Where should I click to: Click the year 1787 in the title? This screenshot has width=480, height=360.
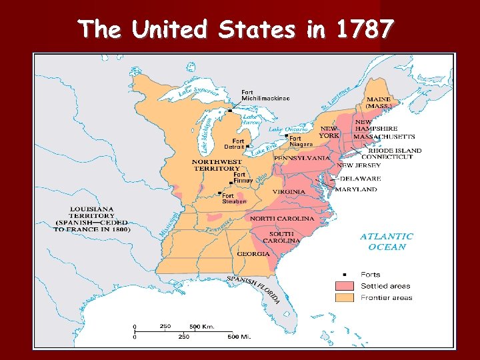pyautogui.click(x=365, y=30)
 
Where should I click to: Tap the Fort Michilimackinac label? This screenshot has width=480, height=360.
pyautogui.click(x=265, y=95)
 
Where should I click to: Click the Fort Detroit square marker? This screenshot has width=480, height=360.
pyautogui.click(x=247, y=146)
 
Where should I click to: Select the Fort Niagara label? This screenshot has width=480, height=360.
pyautogui.click(x=300, y=141)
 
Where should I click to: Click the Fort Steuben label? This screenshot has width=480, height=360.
pyautogui.click(x=234, y=199)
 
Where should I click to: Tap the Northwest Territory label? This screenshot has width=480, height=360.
pyautogui.click(x=217, y=165)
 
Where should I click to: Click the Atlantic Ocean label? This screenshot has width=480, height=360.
pyautogui.click(x=387, y=241)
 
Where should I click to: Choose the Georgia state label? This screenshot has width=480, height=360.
pyautogui.click(x=253, y=254)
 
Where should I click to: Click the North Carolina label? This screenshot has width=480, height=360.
pyautogui.click(x=281, y=219)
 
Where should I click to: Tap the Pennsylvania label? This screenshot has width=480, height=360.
pyautogui.click(x=301, y=159)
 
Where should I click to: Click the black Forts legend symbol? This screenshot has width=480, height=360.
pyautogui.click(x=345, y=274)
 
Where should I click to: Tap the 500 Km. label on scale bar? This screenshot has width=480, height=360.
pyautogui.click(x=202, y=327)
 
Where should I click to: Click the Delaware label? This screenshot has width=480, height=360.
pyautogui.click(x=361, y=179)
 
